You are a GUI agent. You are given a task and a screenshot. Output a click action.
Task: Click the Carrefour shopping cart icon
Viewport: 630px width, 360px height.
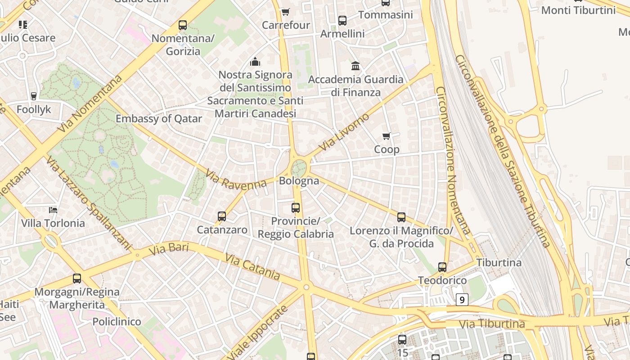pyautogui.click(x=285, y=12)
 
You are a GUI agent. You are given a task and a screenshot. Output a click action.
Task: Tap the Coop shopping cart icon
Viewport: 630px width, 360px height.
pyautogui.click(x=386, y=136)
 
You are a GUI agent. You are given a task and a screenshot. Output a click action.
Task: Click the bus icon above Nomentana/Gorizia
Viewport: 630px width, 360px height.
pyautogui.click(x=182, y=25)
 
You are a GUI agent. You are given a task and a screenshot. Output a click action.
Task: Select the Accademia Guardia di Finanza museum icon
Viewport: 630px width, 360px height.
pyautogui.click(x=355, y=66)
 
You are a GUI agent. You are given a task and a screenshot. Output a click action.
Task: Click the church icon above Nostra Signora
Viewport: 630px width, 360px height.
pyautogui.click(x=255, y=61)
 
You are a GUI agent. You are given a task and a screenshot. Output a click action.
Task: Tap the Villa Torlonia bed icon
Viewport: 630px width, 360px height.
pyautogui.click(x=53, y=210)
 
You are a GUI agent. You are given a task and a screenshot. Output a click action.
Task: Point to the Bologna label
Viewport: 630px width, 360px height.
pyautogui.click(x=299, y=181)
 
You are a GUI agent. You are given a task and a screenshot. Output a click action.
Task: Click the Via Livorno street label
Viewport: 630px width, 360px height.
pyautogui.click(x=344, y=132)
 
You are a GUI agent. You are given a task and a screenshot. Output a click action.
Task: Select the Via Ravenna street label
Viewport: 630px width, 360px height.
pyautogui.click(x=236, y=179)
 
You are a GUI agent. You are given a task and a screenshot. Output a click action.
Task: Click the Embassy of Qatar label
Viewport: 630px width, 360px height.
pyautogui.click(x=159, y=119)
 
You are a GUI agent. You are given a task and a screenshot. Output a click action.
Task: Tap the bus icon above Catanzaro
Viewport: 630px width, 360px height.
pyautogui.click(x=221, y=216)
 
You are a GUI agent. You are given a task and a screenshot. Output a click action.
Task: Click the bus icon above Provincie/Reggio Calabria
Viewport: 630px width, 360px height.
pyautogui.click(x=296, y=208)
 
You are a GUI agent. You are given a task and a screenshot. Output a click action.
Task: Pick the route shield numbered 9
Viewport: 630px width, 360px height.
pyautogui.click(x=462, y=299)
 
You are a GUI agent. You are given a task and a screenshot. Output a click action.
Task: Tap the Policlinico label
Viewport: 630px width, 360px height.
pyautogui.click(x=117, y=322)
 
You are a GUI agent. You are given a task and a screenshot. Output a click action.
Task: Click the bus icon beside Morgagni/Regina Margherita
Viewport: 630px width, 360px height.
pyautogui.click(x=77, y=279)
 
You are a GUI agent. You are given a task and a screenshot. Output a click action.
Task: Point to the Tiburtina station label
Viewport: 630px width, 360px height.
pyautogui.click(x=499, y=262)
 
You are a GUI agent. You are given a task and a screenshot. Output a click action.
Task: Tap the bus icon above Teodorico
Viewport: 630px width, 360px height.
pyautogui.click(x=442, y=267)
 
